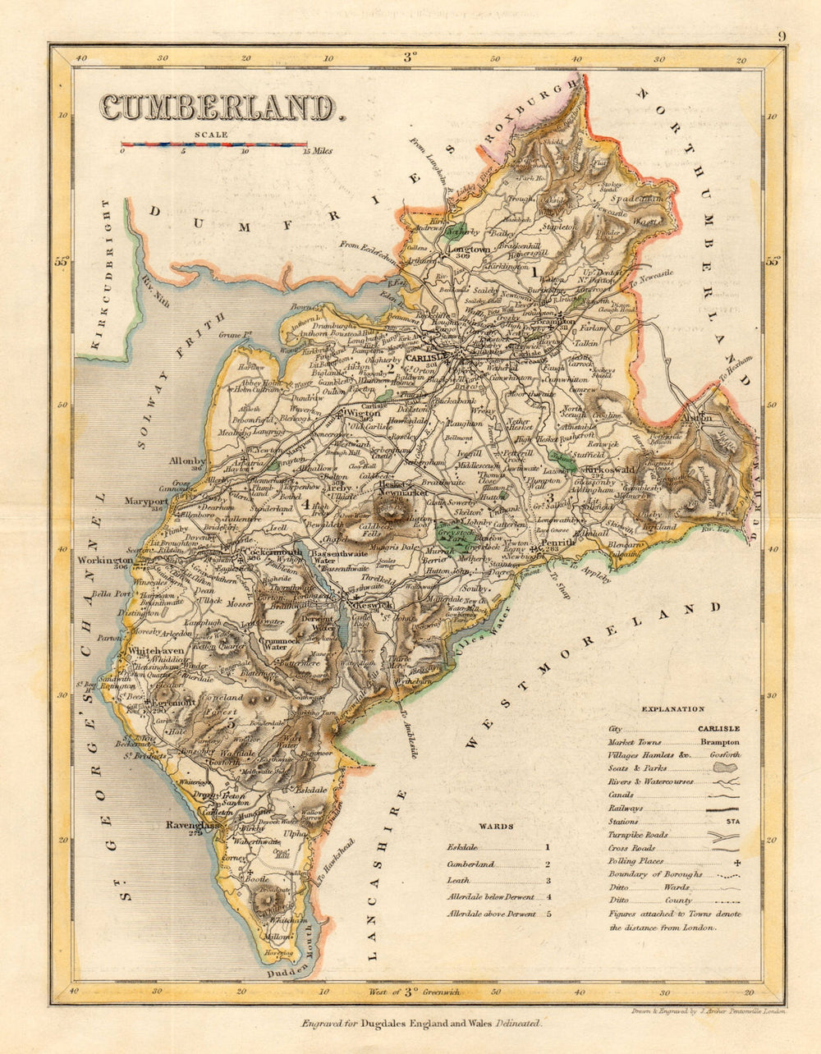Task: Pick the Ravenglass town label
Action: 190,824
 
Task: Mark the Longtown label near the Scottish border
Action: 468,249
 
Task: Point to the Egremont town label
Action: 171,703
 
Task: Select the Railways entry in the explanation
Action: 626,809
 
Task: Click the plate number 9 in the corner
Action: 782,36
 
